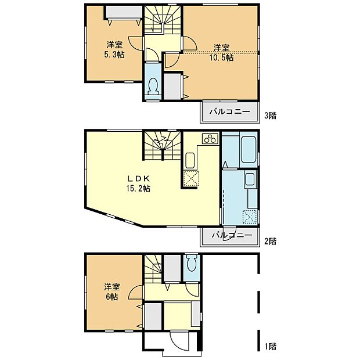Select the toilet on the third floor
(153, 86)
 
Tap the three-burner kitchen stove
(209, 138)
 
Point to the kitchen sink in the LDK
(190, 160)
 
